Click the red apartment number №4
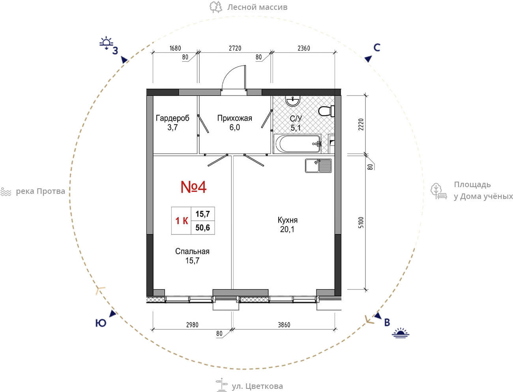coord(193,187)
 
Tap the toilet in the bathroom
coord(326,111)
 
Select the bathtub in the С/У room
coord(298,144)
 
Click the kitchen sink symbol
coord(318,166)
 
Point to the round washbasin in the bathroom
coord(293,101)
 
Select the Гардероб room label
coord(172,118)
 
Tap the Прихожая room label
coord(235,118)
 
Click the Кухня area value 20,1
coord(287,229)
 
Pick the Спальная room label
coord(192,251)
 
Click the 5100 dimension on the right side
coord(361,223)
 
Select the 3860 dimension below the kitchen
coord(284,325)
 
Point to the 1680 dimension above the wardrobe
coord(175,48)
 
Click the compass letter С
coord(377,48)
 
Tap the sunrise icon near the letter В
coord(401,333)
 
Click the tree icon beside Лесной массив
coord(216,7)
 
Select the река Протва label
coord(40,191)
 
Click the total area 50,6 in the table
coord(202,227)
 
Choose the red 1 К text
coord(182,221)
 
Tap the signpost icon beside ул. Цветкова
coord(221,385)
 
